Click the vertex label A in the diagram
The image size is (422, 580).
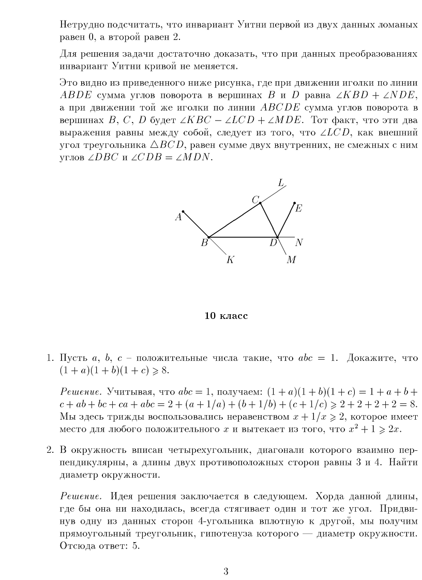(178, 217)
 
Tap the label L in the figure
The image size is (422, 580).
(281, 182)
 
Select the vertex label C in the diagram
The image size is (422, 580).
(255, 199)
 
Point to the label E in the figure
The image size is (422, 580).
(299, 209)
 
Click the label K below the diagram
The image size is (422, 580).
(231, 260)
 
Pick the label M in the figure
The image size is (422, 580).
(291, 260)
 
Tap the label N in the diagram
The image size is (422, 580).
(299, 242)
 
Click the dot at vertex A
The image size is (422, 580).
(183, 211)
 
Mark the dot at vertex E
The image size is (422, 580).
(294, 203)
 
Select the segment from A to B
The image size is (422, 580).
(195, 224)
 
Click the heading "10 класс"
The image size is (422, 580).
(226, 316)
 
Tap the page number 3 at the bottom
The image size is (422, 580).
(225, 571)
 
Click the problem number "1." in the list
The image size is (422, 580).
(50, 358)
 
